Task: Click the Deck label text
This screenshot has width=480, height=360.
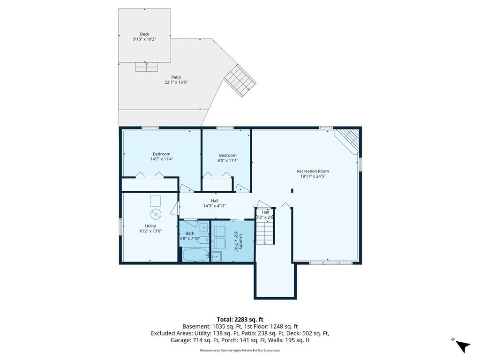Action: click(x=144, y=34)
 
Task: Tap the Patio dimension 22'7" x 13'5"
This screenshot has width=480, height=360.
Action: click(x=176, y=82)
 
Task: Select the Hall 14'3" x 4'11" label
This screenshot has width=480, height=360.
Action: click(x=215, y=203)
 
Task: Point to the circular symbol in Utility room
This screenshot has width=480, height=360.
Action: click(x=156, y=214)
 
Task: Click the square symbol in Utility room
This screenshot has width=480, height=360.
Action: click(x=156, y=201)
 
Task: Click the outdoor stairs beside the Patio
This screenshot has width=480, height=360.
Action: click(x=240, y=81)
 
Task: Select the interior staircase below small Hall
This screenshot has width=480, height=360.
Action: click(x=264, y=233)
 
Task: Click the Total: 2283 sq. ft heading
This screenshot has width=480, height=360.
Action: click(x=240, y=320)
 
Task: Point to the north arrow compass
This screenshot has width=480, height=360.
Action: click(x=462, y=346)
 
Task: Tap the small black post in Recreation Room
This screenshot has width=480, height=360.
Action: click(x=292, y=190)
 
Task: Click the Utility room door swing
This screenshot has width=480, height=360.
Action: click(x=175, y=208)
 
